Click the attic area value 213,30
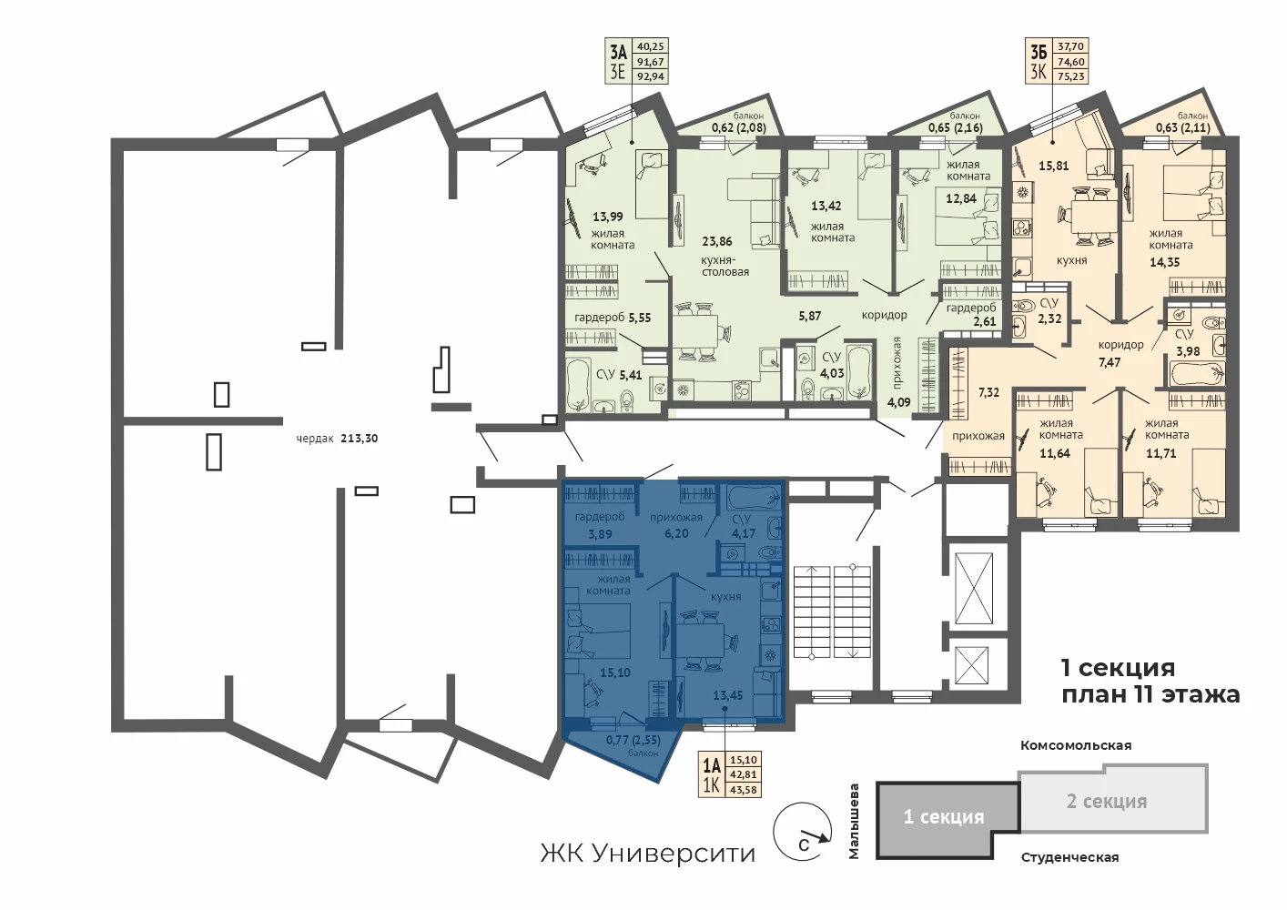[360, 439]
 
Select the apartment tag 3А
[618, 53]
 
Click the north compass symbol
[803, 832]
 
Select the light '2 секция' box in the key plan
[1113, 799]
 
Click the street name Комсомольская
[1076, 745]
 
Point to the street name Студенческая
[1069, 857]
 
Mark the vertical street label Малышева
[854, 822]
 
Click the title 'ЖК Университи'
[647, 854]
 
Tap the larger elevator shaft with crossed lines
[973, 588]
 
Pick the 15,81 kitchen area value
[1054, 166]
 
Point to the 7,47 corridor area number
[1109, 362]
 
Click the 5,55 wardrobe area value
[640, 318]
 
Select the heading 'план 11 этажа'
[1150, 694]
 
